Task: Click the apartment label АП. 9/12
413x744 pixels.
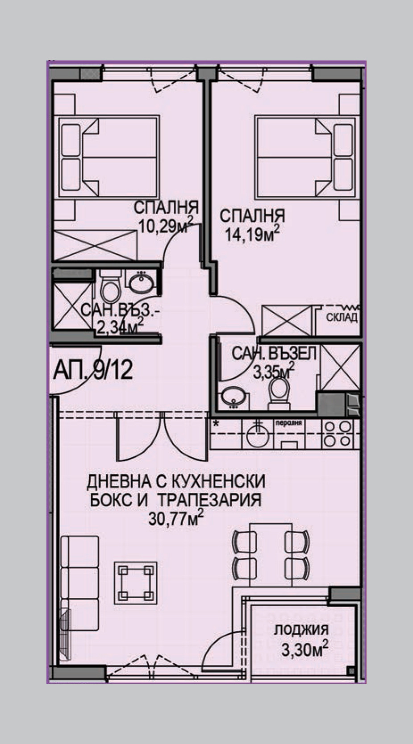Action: [93, 370]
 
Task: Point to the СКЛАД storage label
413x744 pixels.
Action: [342, 317]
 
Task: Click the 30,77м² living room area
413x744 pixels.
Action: [176, 518]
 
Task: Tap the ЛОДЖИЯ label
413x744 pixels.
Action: [301, 630]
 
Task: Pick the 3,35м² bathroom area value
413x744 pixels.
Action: [274, 372]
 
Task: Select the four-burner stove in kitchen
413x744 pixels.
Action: [338, 434]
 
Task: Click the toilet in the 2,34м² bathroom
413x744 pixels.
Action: [109, 288]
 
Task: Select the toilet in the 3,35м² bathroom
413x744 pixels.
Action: [280, 393]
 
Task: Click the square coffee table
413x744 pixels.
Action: [136, 583]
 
